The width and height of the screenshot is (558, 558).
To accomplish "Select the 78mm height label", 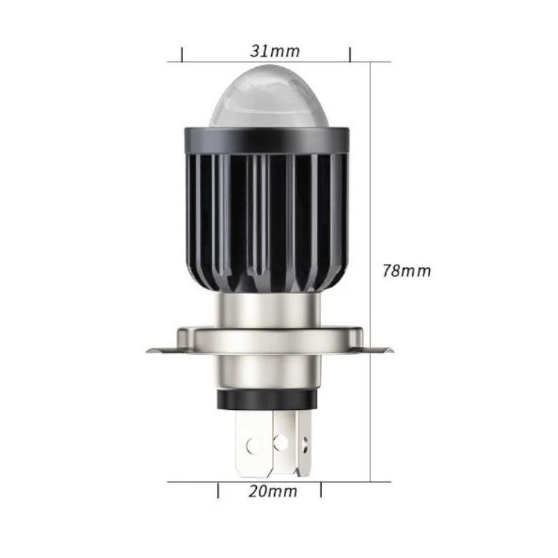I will tap(406, 271).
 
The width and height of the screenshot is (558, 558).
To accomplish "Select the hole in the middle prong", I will tap(280, 442).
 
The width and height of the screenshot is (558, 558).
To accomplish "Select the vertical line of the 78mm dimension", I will tap(371, 179).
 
